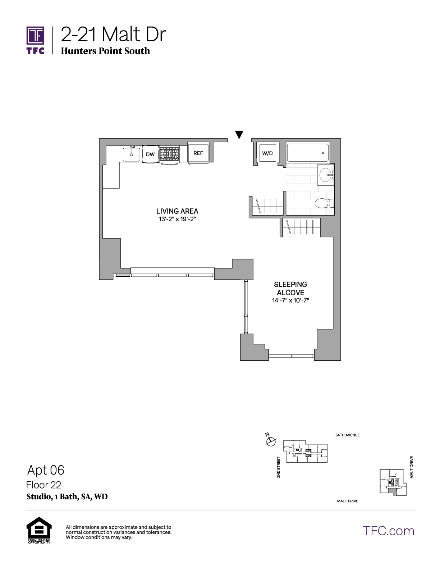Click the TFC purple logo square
click(x=35, y=35)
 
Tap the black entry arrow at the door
click(x=239, y=134)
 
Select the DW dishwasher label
click(x=150, y=154)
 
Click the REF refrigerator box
click(x=198, y=153)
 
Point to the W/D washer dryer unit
click(x=267, y=153)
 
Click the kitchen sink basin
click(x=132, y=154)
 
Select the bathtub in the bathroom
click(x=308, y=153)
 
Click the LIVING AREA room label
click(x=177, y=211)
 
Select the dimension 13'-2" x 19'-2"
click(x=177, y=219)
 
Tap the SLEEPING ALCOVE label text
click(x=290, y=288)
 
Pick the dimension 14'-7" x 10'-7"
click(x=290, y=300)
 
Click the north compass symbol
click(x=271, y=441)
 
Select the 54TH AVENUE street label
click(x=348, y=435)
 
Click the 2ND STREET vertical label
click(x=279, y=467)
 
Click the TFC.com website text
click(x=388, y=531)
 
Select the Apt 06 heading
click(x=46, y=470)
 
